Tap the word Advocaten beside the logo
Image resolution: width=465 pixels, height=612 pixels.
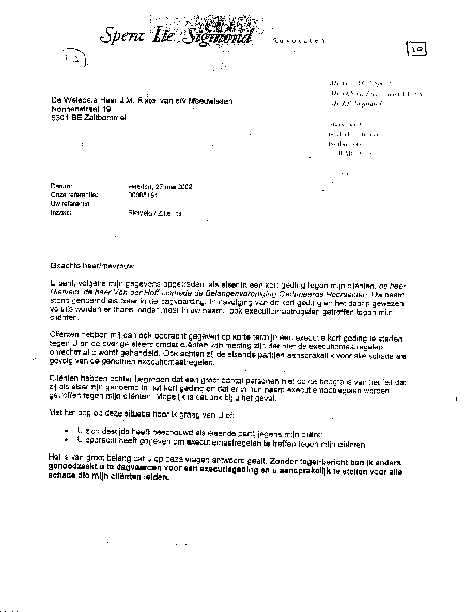point(298,40)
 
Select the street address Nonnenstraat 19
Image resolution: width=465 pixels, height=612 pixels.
point(81,109)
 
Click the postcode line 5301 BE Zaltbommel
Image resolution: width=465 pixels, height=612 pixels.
point(88,118)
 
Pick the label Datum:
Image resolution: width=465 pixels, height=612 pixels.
point(61,187)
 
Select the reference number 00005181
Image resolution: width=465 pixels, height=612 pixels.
point(143,195)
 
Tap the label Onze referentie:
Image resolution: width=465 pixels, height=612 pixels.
point(74,195)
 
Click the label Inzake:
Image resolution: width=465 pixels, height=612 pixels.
point(60,212)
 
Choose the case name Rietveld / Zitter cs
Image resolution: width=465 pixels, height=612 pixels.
point(154,213)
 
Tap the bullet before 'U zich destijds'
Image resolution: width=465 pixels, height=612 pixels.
point(66,430)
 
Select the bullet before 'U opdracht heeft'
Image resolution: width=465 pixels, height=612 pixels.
point(66,439)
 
